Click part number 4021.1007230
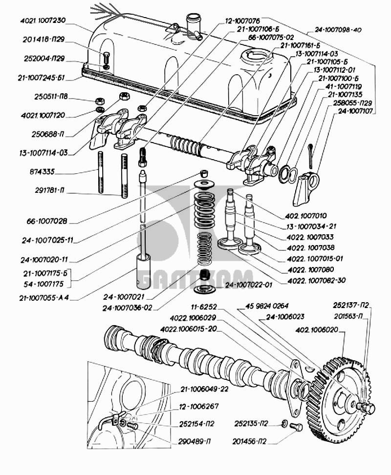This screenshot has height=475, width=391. [43, 21]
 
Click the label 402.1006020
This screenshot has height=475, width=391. [317, 330]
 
